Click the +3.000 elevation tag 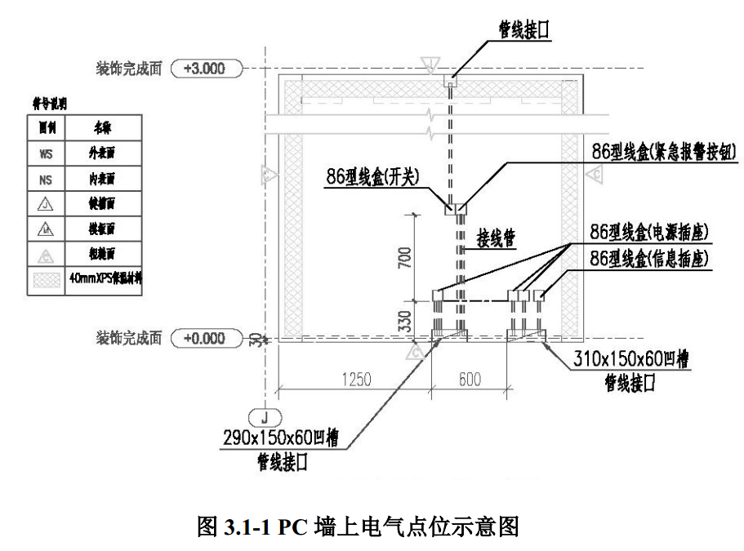[x=208, y=69]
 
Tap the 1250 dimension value [x=357, y=380]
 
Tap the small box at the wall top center [x=450, y=81]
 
